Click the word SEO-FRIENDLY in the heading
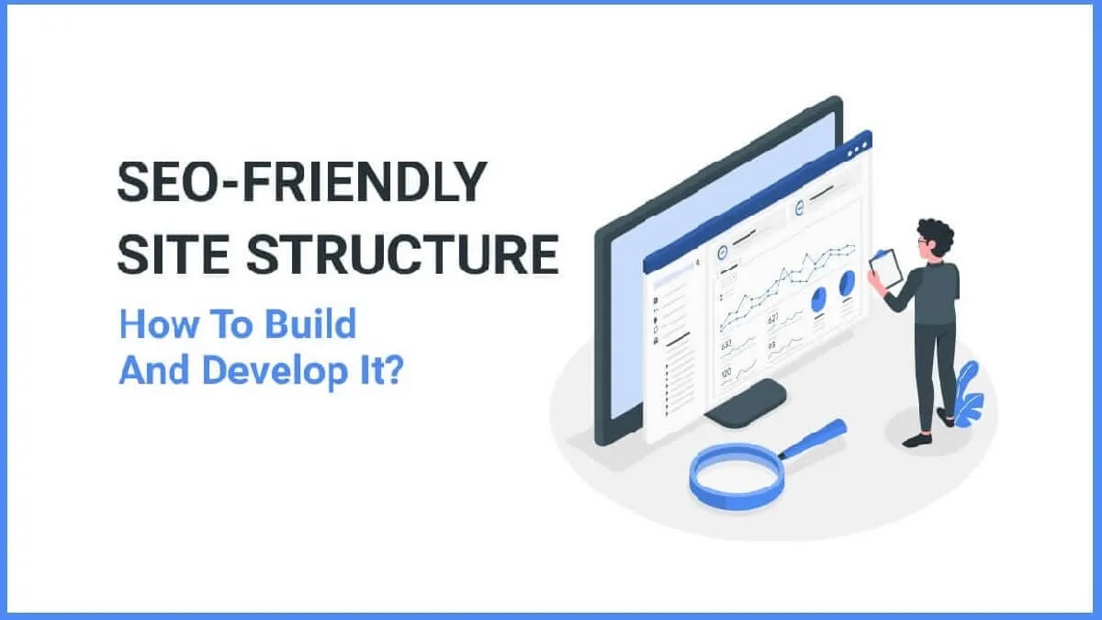pyautogui.click(x=301, y=182)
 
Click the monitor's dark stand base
pyautogui.click(x=746, y=404)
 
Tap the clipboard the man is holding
pyautogui.click(x=884, y=268)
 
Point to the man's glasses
pyautogui.click(x=922, y=242)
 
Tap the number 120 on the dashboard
pyautogui.click(x=725, y=373)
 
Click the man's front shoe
pyautogui.click(x=916, y=440)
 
